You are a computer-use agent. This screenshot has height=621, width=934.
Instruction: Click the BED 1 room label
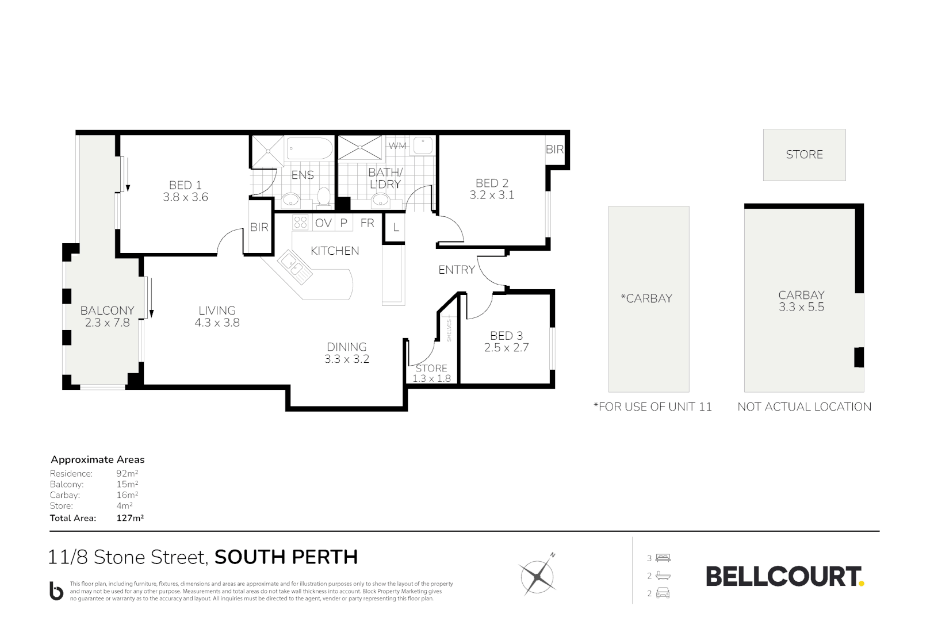click(x=185, y=185)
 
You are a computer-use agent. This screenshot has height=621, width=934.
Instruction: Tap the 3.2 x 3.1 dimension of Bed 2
click(x=492, y=195)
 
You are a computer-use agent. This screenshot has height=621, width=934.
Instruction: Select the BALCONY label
click(x=107, y=310)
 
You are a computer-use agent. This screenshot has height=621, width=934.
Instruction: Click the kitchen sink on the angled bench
click(x=293, y=267)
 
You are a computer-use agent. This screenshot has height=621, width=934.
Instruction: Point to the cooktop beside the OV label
click(x=301, y=222)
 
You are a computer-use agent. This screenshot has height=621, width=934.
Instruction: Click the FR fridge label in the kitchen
click(x=367, y=223)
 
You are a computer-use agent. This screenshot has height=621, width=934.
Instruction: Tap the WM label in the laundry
click(x=397, y=146)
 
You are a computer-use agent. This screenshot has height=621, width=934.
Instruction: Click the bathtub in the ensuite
click(x=309, y=149)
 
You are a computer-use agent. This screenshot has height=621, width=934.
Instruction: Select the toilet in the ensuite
click(x=324, y=197)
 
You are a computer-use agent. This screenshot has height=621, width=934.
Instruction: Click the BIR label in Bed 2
click(x=554, y=149)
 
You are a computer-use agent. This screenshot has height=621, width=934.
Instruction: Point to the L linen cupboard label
click(x=396, y=228)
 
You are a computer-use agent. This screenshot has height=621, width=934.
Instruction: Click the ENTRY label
click(x=457, y=270)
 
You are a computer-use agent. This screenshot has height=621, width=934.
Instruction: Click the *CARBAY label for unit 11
click(x=646, y=298)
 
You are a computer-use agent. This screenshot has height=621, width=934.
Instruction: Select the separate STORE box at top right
click(x=804, y=154)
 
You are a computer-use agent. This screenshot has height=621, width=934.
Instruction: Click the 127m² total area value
click(x=130, y=518)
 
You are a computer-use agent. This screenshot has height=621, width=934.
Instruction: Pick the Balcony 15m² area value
click(x=127, y=484)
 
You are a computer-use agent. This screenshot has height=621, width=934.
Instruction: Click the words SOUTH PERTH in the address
click(x=286, y=557)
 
